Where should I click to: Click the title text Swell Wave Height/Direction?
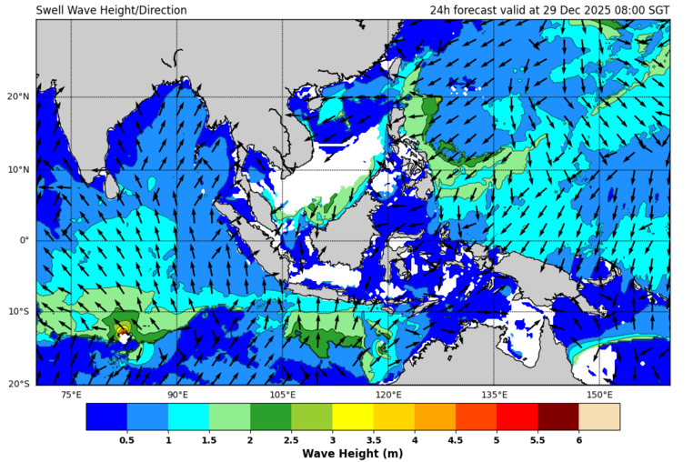point(111,10)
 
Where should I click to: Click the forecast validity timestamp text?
point(549,10)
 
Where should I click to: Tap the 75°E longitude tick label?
point(71,396)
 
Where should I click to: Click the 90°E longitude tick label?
point(177,396)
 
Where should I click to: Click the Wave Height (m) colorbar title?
point(353,453)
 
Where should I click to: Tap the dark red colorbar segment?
point(558,417)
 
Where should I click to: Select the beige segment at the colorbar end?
point(599,417)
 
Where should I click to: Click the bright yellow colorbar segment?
point(353,417)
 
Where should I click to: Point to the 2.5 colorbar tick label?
point(291,439)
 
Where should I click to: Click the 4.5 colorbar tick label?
point(456,439)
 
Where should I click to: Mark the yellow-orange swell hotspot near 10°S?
point(122,330)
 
